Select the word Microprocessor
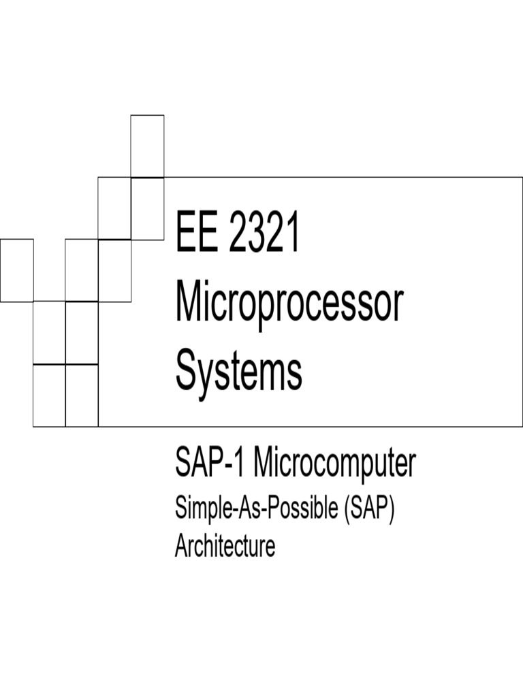click(x=289, y=305)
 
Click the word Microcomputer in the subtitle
click(x=334, y=464)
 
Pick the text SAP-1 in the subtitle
click(x=211, y=464)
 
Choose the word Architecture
click(x=225, y=546)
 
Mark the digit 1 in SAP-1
click(x=241, y=464)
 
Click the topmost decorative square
click(x=147, y=146)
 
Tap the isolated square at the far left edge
click(x=16, y=270)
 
